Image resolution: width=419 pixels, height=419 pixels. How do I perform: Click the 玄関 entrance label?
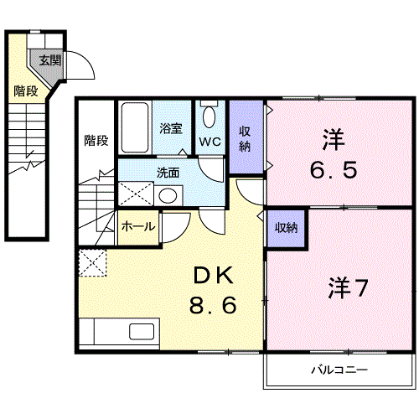(50, 60)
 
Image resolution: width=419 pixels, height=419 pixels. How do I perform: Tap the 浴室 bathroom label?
(171, 128)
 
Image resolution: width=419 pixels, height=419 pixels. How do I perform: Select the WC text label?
(210, 142)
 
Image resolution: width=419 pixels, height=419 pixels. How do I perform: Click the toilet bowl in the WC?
(209, 117)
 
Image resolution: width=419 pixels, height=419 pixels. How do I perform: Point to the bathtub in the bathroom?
(135, 127)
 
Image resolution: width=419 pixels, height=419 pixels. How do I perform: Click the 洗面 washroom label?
(168, 173)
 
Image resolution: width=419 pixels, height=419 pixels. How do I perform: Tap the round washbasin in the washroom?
(168, 195)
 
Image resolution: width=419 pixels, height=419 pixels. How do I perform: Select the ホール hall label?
(138, 226)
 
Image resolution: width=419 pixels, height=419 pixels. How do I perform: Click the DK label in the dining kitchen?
(214, 275)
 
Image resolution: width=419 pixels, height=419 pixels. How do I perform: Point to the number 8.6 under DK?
(213, 305)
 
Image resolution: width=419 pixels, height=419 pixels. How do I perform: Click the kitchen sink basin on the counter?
(142, 332)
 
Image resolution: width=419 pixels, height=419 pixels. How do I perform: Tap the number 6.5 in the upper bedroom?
(334, 169)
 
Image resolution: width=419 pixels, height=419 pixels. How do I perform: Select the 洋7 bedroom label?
(348, 287)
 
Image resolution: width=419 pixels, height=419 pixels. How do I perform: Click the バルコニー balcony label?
(339, 370)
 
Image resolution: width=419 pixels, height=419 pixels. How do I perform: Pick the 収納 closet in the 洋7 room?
(286, 228)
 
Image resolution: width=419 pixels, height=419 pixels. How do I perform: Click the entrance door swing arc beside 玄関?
(86, 59)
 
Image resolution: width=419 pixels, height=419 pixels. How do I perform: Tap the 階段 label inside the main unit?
(96, 141)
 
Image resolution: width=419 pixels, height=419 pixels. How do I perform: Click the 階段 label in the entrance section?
(26, 91)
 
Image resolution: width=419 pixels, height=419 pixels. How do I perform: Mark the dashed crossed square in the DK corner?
(93, 263)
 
